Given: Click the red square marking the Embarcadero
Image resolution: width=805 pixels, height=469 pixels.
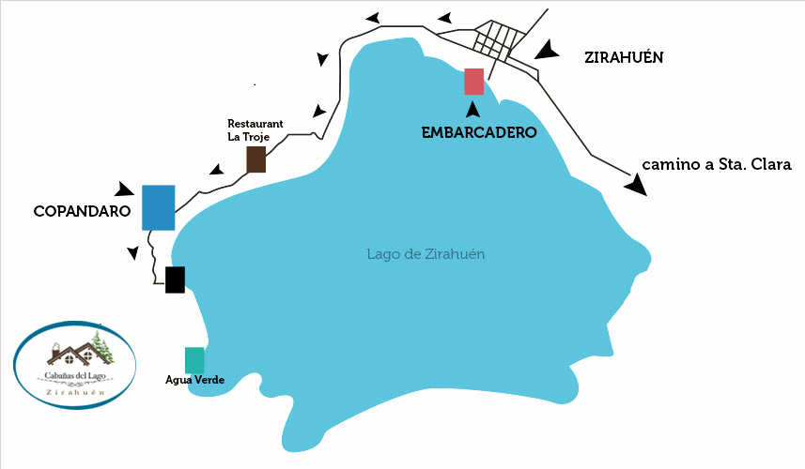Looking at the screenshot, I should [474, 82].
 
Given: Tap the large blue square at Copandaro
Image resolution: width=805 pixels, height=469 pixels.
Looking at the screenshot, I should [158, 207].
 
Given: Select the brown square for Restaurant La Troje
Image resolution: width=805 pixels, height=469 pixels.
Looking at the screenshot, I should [255, 159].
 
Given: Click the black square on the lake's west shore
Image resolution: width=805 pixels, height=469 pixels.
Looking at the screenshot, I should [175, 280].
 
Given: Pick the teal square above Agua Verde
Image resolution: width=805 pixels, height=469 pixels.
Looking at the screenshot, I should [194, 360].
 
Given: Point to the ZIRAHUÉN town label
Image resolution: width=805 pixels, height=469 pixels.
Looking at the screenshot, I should [625, 56].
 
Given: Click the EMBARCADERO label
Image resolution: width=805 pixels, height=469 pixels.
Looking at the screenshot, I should [479, 132].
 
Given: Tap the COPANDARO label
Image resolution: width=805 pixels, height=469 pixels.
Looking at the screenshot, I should [81, 212].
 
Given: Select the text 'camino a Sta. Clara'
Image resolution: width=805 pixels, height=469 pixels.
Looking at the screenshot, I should [717, 164].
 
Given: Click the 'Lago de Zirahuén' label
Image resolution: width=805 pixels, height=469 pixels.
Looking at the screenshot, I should [426, 254].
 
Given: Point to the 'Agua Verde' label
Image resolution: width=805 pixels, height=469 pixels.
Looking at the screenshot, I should [194, 380].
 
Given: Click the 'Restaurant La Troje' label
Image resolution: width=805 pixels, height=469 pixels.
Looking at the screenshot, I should [255, 129].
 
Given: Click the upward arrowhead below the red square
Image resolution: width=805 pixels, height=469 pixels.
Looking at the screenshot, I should [474, 110].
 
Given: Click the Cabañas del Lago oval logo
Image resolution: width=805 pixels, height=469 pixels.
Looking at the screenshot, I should [75, 366].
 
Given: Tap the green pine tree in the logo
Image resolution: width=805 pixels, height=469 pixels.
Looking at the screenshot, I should [104, 347].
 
